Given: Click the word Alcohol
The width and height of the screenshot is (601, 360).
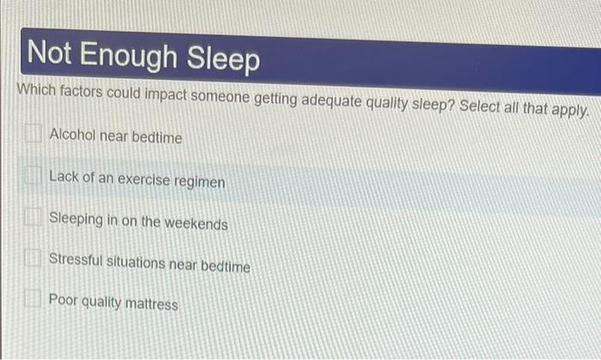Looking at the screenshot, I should click(71, 136).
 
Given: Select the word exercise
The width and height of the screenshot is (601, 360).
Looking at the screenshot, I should click(147, 180).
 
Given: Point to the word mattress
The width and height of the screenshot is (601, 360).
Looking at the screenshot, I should click(151, 304).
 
